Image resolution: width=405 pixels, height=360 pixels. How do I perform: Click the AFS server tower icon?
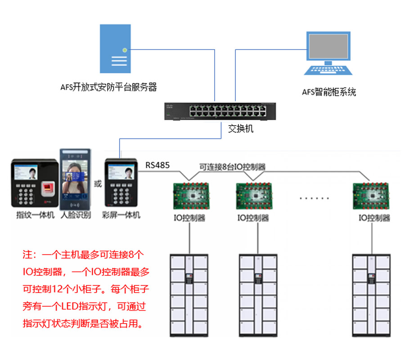click(x=115, y=49)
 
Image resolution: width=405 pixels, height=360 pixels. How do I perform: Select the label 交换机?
click(x=241, y=129)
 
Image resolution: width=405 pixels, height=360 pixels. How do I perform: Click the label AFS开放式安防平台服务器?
click(x=108, y=87)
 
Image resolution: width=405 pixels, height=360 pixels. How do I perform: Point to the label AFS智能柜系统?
click(x=329, y=92)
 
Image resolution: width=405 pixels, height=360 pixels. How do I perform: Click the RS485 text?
click(x=157, y=165)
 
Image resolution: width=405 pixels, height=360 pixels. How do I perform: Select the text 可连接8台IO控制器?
click(x=232, y=166)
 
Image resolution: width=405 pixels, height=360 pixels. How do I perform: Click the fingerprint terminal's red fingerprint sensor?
click(x=47, y=188)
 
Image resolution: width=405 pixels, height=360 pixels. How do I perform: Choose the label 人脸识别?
click(x=76, y=215)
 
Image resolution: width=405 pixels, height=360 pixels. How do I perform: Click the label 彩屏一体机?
click(x=121, y=215)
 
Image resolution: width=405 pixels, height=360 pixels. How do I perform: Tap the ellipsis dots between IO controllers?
click(x=315, y=198)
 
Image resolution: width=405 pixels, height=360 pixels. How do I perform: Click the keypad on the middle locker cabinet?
click(x=258, y=278)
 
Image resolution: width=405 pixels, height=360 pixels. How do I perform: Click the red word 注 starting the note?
click(x=27, y=254)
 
